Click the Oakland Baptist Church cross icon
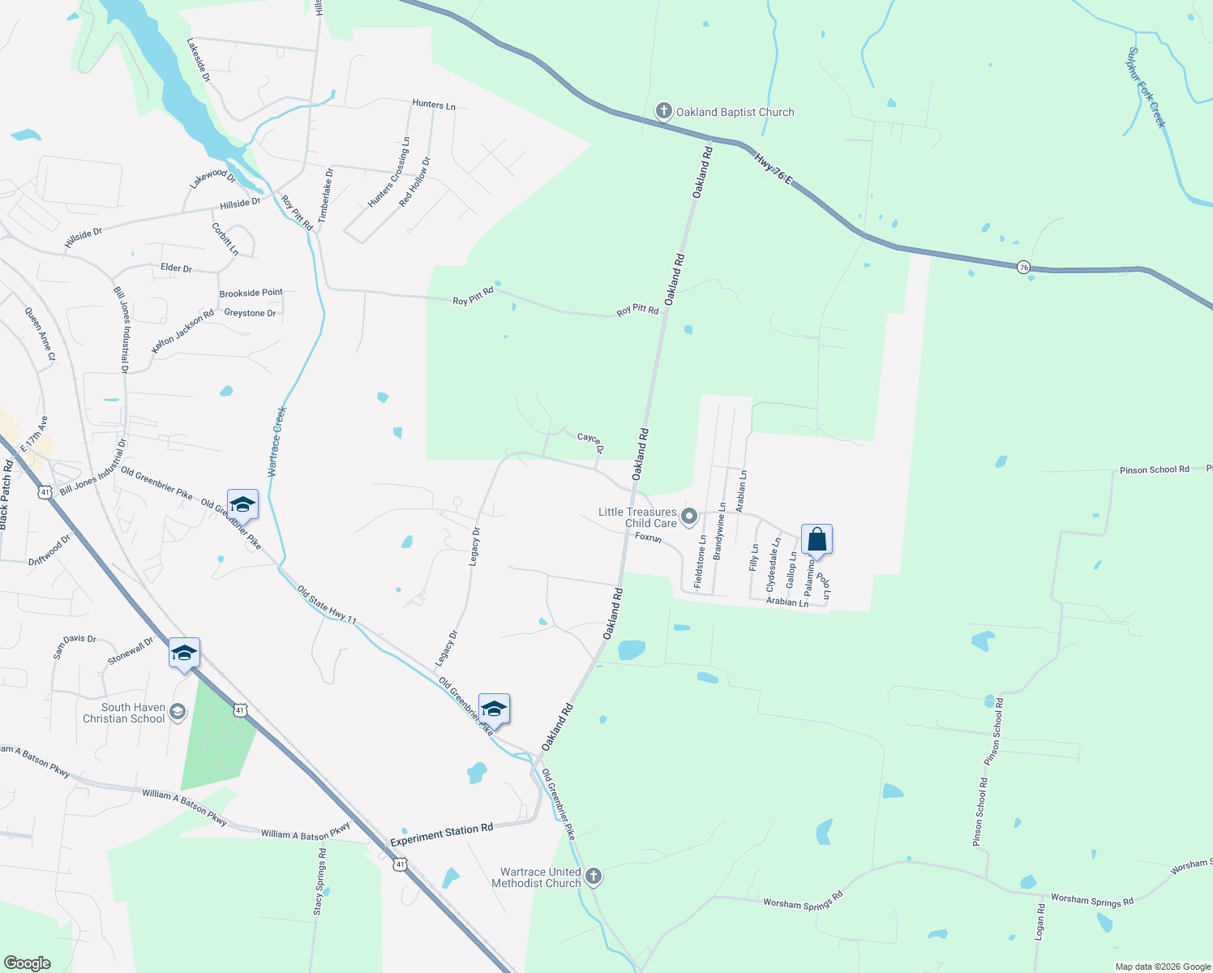pos(664,111)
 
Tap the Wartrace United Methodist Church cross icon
pos(594,876)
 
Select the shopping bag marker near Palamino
pos(817,540)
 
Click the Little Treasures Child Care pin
pos(689,516)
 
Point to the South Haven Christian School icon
pos(178,712)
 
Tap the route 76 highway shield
pos(1024,267)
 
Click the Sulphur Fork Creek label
pos(1146,88)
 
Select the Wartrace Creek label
pos(277,441)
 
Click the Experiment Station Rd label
pos(441,835)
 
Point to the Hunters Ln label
pos(434,105)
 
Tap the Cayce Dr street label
pos(591,443)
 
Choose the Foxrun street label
pos(649,537)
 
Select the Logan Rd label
pos(1039,922)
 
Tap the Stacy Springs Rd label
pos(320,882)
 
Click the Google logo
pos(28,963)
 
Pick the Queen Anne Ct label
pos(40,334)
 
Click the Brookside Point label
pos(251,293)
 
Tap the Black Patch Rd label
pos(6,495)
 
